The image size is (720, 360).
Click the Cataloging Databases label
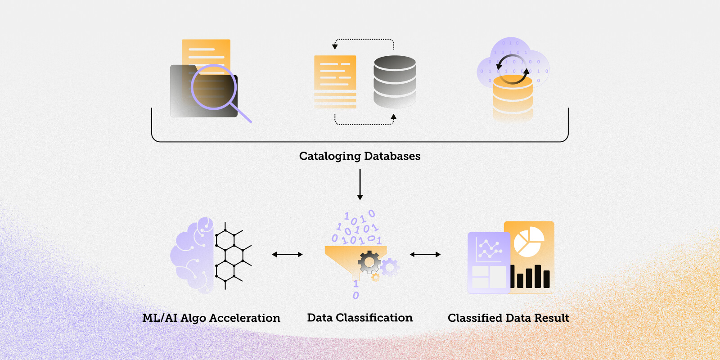[x=360, y=156]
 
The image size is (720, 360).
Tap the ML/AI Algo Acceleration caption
[x=211, y=318]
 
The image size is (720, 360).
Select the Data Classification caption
[x=360, y=318]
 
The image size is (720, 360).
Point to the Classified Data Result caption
[x=508, y=318]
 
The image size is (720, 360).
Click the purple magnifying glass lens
[x=213, y=87]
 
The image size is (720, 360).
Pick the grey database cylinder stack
[x=395, y=81]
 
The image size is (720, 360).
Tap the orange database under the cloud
[x=513, y=97]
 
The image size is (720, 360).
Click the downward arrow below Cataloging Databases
[x=360, y=184]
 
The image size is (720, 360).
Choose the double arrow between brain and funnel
[x=287, y=255]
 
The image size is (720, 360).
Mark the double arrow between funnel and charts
[x=425, y=255]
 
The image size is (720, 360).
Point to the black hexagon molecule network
[x=230, y=255]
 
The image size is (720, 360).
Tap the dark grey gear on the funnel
[x=369, y=262]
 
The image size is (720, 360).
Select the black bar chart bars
[x=530, y=277]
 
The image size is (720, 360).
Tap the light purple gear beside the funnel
[x=389, y=267]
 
